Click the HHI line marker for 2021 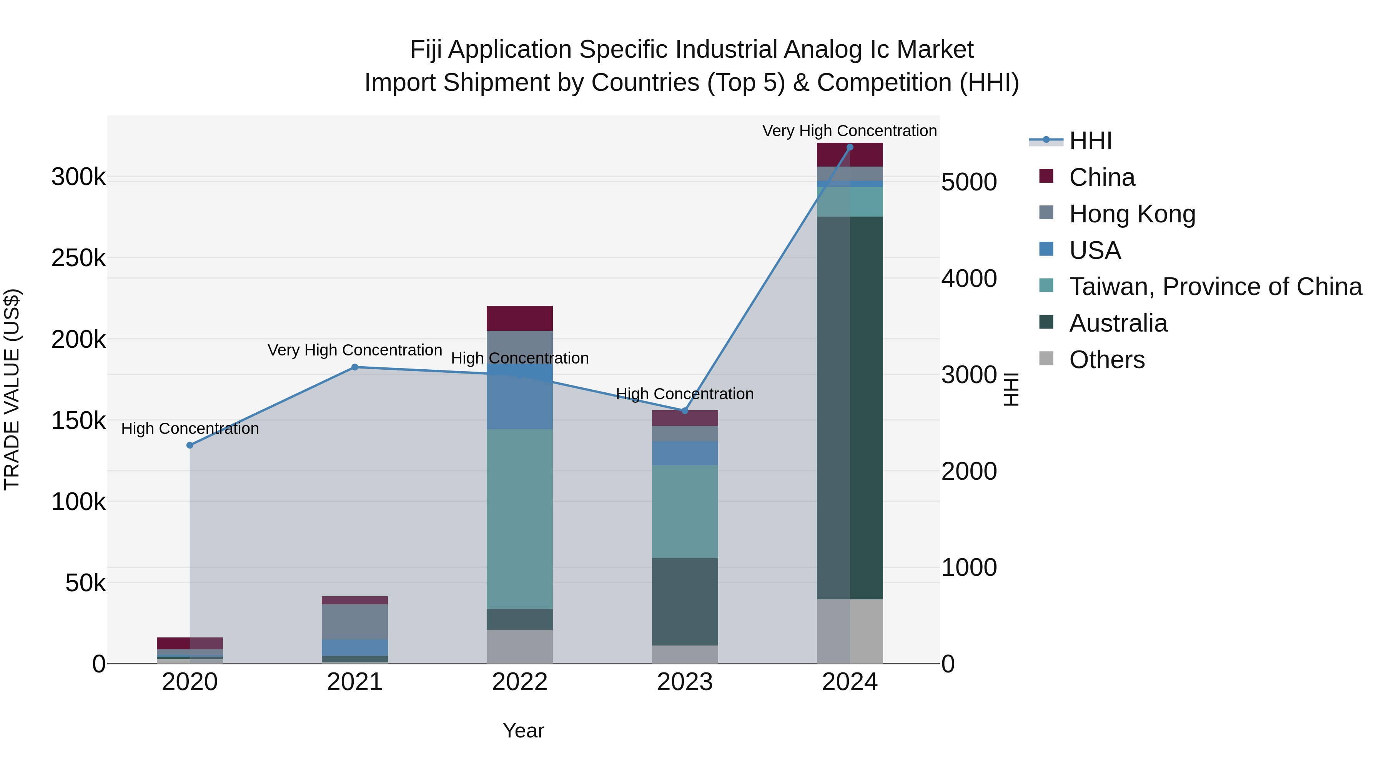tap(354, 367)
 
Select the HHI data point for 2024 tap(849, 147)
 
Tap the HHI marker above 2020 tap(190, 445)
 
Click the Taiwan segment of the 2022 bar tap(519, 519)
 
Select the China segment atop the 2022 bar tap(519, 318)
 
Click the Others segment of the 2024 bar tap(849, 631)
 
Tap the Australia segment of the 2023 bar tap(684, 602)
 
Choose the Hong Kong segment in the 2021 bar tap(354, 622)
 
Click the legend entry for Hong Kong tap(1131, 214)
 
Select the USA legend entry tap(1095, 250)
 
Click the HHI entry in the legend tap(1090, 141)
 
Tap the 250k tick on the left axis tap(78, 258)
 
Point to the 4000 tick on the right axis tap(969, 279)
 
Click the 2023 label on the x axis tap(684, 682)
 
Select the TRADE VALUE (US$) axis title tap(12, 389)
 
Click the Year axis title tap(523, 731)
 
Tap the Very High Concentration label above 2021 tap(354, 350)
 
